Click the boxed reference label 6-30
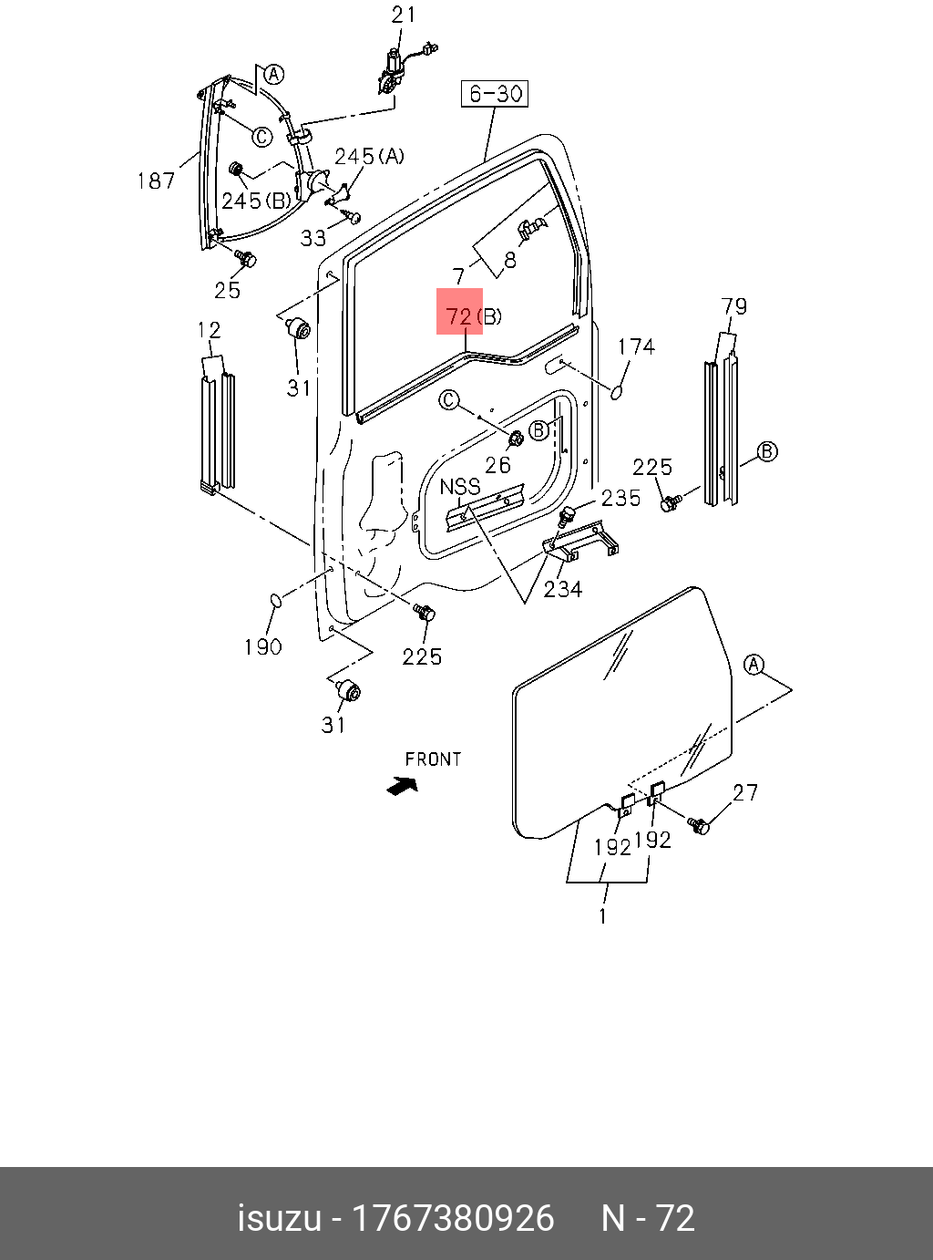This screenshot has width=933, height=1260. pyautogui.click(x=495, y=93)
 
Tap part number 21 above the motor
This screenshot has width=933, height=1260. pyautogui.click(x=404, y=15)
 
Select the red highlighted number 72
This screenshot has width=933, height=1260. pyautogui.click(x=459, y=315)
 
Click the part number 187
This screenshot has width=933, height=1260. pyautogui.click(x=156, y=181)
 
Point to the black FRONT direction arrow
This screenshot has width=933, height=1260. pyautogui.click(x=402, y=785)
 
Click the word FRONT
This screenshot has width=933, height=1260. pyautogui.click(x=433, y=759)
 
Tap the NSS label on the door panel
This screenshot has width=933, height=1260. pyautogui.click(x=460, y=487)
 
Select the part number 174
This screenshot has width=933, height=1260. pyautogui.click(x=636, y=346)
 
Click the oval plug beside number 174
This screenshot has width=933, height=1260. pyautogui.click(x=617, y=392)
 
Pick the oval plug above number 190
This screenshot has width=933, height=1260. pyautogui.click(x=276, y=600)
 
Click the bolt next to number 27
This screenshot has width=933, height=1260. pyautogui.click(x=699, y=826)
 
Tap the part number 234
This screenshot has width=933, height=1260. pyautogui.click(x=563, y=589)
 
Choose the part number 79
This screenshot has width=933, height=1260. pyautogui.click(x=733, y=306)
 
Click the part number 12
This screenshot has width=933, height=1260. pyautogui.click(x=210, y=329)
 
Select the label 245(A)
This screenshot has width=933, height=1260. pyautogui.click(x=368, y=156)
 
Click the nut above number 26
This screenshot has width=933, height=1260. pyautogui.click(x=513, y=439)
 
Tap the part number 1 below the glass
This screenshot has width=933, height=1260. pyautogui.click(x=603, y=915)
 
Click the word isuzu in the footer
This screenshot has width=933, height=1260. pyautogui.click(x=279, y=1218)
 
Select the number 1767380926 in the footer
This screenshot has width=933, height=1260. pyautogui.click(x=453, y=1218)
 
